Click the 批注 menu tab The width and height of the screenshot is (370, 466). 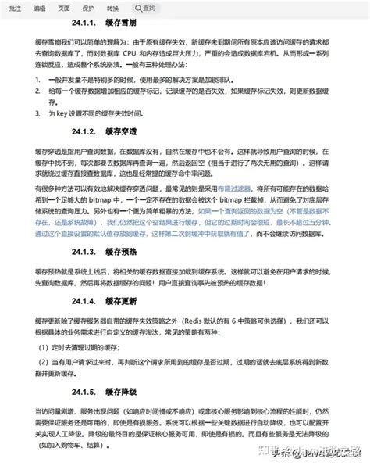coord(12,7)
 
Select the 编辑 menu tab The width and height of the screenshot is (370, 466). coord(38,7)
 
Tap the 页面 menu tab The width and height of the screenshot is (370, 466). coord(64,7)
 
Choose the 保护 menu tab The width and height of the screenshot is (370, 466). coord(88,7)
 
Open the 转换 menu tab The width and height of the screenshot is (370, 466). coord(112,7)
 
